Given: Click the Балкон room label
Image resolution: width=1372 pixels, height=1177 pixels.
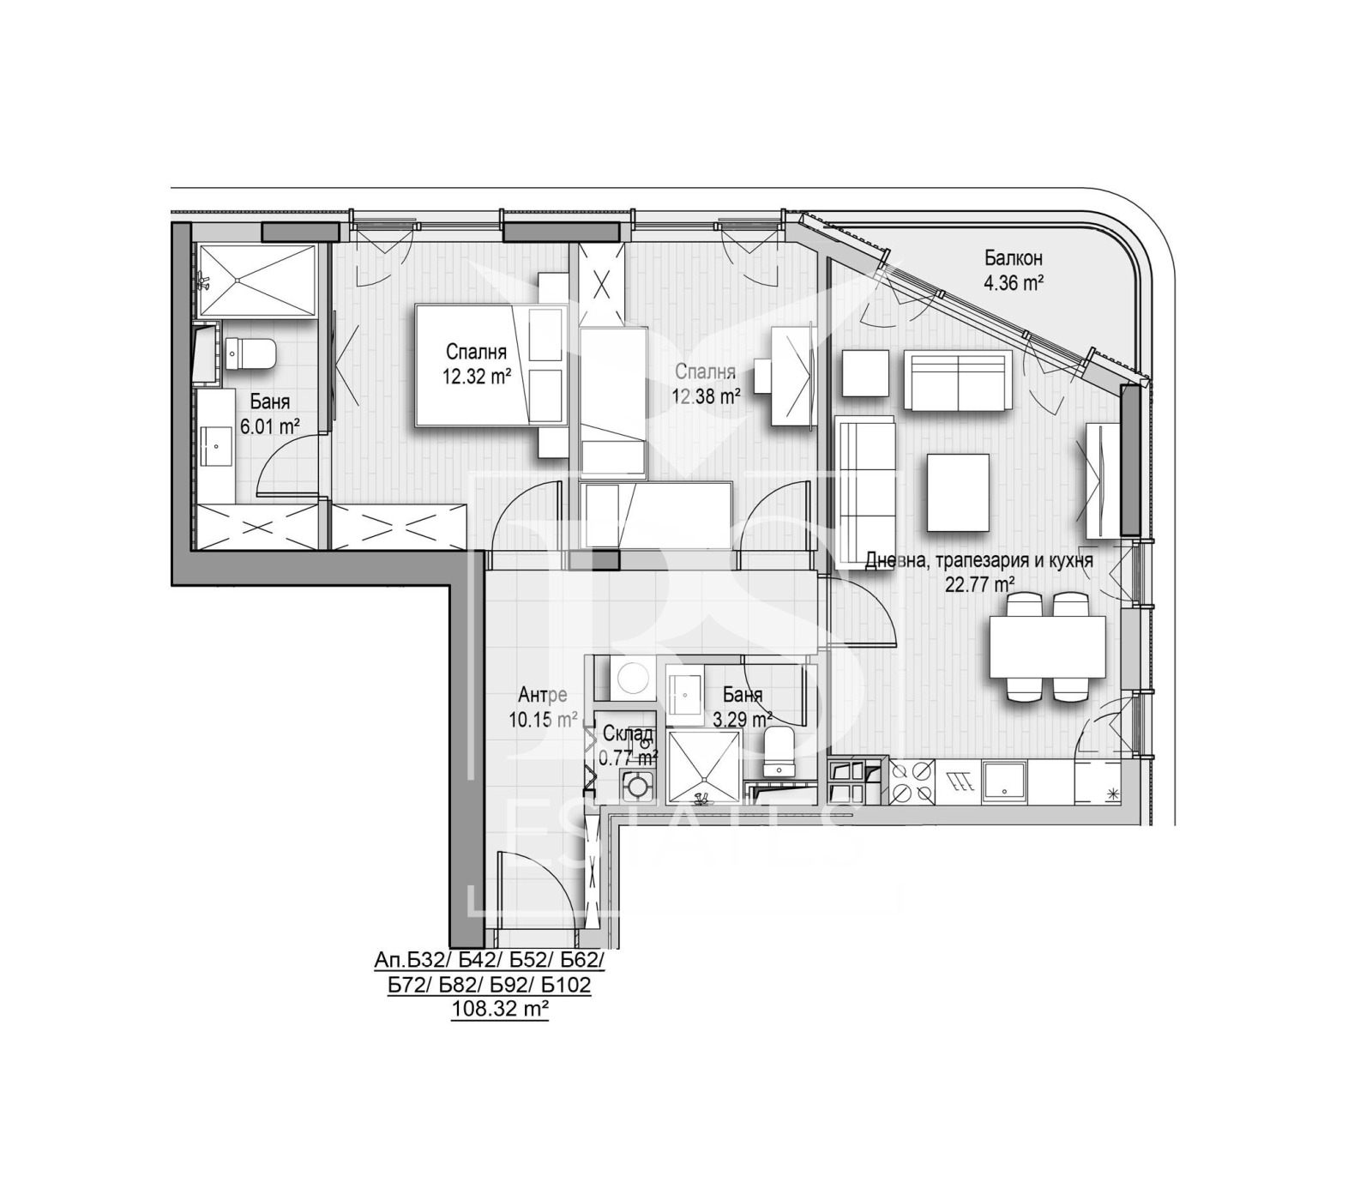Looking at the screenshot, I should (x=1013, y=257).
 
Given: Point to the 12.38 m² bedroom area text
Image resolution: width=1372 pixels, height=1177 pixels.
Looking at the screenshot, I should (x=706, y=395).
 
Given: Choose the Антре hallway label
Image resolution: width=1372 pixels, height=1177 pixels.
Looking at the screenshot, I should (x=543, y=695).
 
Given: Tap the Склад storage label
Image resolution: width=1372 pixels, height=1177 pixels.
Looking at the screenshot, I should (x=628, y=734).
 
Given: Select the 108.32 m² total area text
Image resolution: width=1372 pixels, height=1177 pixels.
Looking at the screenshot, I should (x=500, y=1009).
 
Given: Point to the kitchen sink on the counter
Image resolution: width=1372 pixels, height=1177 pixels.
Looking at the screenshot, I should (x=1003, y=783).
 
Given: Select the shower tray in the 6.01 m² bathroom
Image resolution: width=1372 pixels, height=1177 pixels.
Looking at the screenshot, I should (x=257, y=280).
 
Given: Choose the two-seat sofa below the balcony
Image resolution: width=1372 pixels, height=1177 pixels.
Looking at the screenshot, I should (x=957, y=379).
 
